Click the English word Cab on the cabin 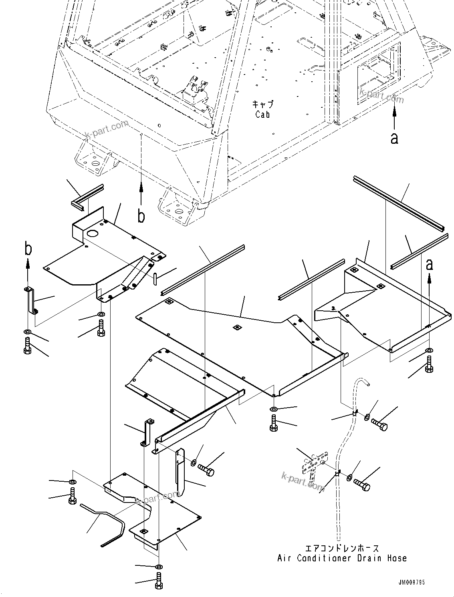click(262, 114)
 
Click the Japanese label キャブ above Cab click(263, 105)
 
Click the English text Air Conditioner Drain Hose click(342, 558)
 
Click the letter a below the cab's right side click(395, 139)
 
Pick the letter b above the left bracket click(28, 249)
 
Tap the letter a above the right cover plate click(429, 265)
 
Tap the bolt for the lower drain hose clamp click(363, 484)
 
